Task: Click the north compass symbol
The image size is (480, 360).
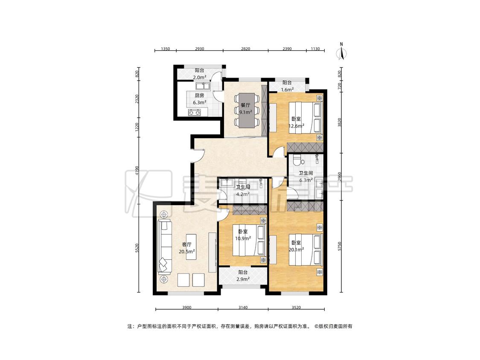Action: (341, 52)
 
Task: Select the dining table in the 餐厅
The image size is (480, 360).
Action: (246, 110)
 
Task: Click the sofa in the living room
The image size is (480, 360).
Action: (164, 247)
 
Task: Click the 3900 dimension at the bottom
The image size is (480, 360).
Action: (186, 308)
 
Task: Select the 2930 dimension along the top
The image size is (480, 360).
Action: (200, 49)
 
